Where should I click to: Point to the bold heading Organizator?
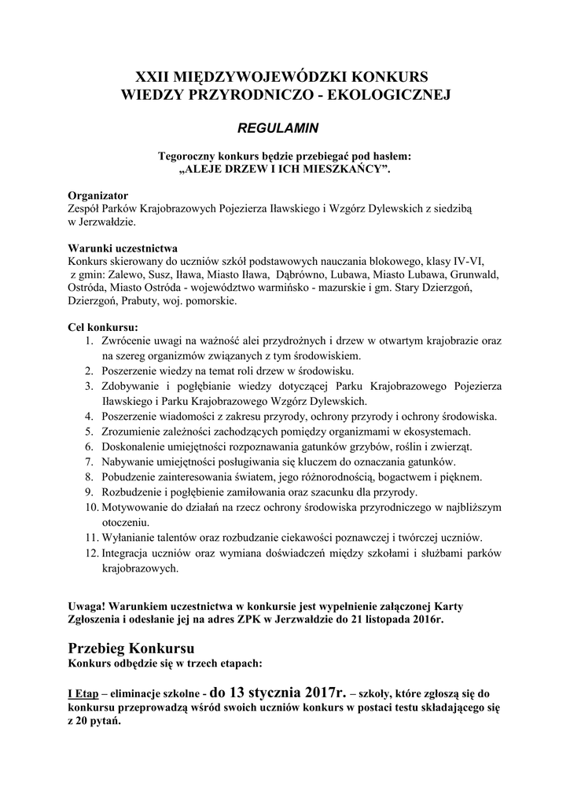(98, 195)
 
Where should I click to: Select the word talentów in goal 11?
(186, 538)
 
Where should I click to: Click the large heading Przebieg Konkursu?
(131, 649)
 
